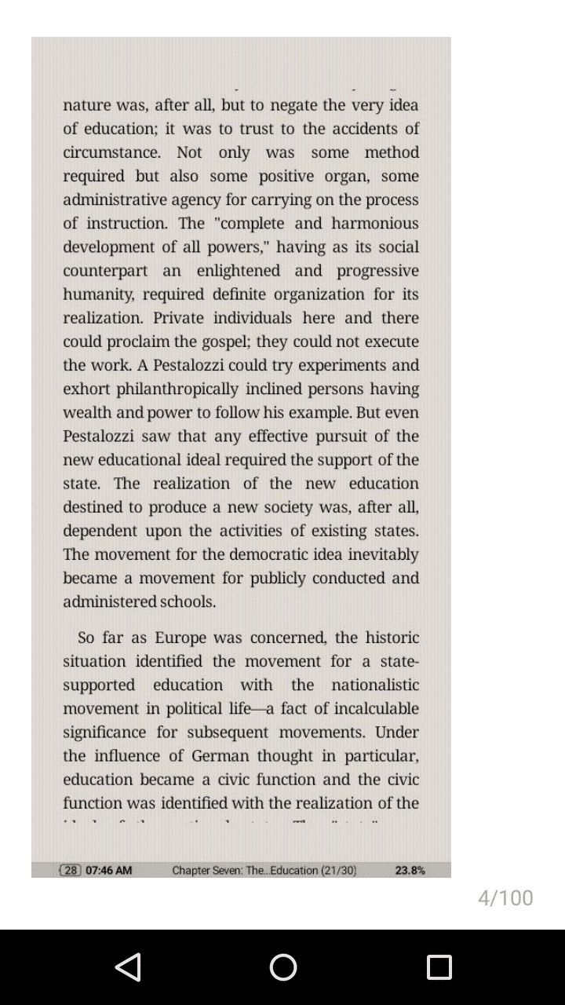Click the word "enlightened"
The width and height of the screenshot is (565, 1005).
(x=238, y=271)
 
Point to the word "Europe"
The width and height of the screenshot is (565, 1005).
(x=180, y=638)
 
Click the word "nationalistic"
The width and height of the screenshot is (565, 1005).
(x=374, y=685)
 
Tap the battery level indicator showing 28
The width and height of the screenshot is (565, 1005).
(x=71, y=870)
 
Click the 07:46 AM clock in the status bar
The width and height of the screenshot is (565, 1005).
(x=108, y=870)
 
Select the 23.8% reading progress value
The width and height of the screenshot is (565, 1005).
(x=410, y=870)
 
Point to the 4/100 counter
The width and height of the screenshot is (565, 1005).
(x=505, y=897)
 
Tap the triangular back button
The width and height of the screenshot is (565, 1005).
(x=128, y=967)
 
